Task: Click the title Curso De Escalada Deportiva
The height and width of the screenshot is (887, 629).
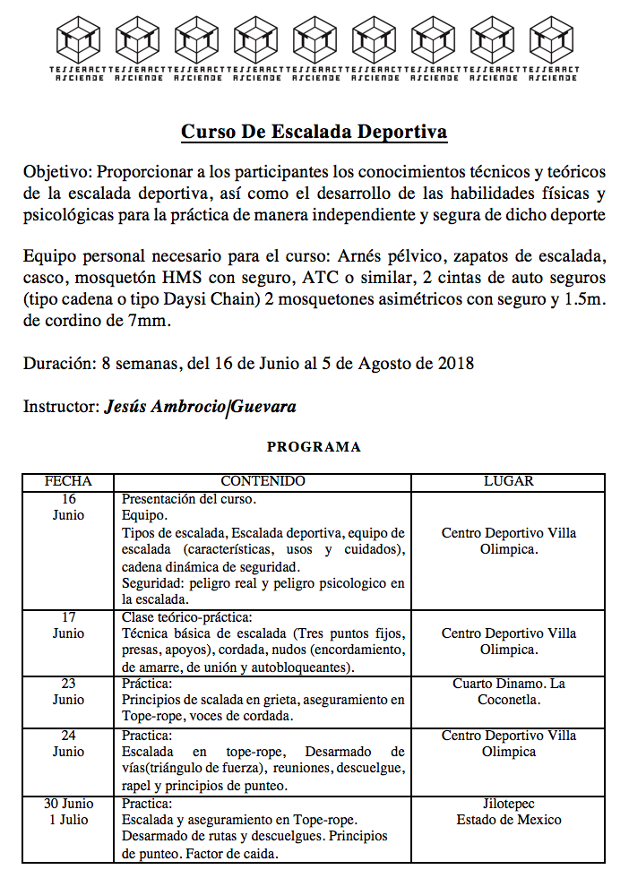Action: [314, 133]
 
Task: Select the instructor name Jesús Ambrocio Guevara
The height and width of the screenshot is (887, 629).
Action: [201, 407]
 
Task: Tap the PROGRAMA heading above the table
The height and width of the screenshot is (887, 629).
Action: [314, 446]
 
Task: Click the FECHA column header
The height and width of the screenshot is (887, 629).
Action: [68, 481]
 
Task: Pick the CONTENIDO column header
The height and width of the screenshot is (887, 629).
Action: [263, 481]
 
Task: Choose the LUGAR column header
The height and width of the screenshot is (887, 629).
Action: [508, 481]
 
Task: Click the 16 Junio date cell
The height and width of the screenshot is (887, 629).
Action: [68, 507]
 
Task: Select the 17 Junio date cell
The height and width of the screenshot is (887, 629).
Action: [68, 625]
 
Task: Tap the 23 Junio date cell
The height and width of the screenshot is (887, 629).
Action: [68, 692]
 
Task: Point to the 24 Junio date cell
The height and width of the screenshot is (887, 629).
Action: [68, 744]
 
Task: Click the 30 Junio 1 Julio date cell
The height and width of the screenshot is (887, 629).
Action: [68, 812]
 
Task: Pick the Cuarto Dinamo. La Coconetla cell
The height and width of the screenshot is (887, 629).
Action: [508, 692]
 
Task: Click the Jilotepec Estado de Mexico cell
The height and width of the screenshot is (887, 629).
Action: [508, 812]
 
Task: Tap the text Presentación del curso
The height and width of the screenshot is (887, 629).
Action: [189, 499]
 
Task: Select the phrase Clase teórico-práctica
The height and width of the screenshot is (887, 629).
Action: [187, 617]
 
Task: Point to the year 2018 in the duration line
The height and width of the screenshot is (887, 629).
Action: [456, 363]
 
